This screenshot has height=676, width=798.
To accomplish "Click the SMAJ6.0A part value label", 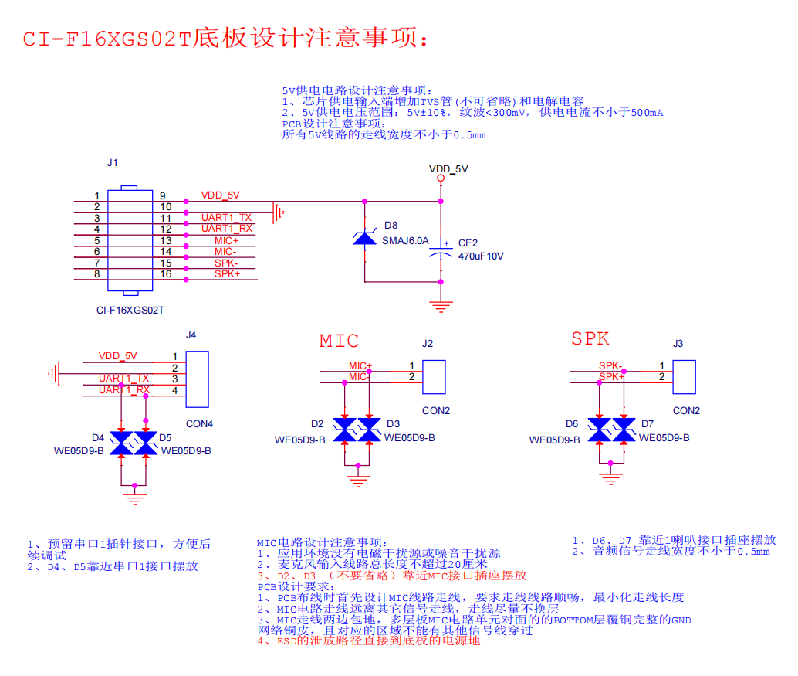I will tap(405, 241).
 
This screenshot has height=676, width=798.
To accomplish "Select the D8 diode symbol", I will tap(364, 239).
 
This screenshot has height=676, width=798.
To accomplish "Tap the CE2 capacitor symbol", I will tap(441, 249).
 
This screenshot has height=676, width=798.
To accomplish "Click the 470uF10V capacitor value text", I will tap(481, 256).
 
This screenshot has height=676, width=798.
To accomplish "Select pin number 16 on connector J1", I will tap(165, 274).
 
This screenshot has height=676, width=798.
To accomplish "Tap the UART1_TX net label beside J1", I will tap(226, 218).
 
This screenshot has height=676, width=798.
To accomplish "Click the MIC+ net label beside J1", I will tap(227, 241).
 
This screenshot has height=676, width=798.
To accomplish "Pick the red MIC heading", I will tap(339, 341).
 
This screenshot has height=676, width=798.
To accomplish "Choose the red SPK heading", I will tap(590, 338).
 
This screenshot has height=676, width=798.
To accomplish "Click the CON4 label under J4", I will tap(199, 424).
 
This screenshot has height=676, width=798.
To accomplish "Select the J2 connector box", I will tap(434, 376).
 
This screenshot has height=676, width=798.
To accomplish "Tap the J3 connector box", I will tap(684, 376).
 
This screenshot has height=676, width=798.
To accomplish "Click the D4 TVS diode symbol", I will tap(121, 443).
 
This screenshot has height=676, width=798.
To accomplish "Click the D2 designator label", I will tap(317, 424).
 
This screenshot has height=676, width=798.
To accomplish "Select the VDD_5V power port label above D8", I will tap(448, 168).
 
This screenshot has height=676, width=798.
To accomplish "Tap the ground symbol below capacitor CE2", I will tap(441, 307).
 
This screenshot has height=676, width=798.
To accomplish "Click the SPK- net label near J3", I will tap(610, 365).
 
